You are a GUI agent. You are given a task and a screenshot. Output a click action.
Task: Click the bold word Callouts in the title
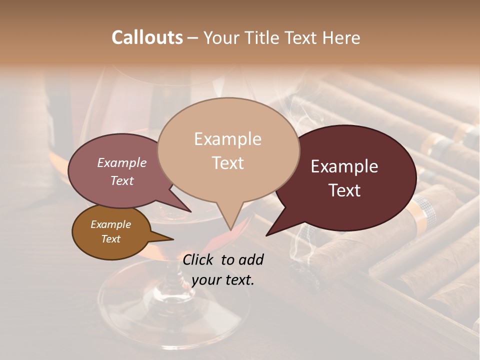pos(147,37)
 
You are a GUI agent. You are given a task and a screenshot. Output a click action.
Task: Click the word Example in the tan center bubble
pos(227,139)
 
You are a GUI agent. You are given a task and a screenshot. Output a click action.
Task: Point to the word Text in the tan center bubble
pos(227,163)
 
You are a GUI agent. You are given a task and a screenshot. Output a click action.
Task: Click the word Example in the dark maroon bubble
pos(344,166)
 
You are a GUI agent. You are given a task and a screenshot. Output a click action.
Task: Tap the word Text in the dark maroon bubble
pos(344,190)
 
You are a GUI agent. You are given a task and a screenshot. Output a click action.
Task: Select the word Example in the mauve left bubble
pos(121,163)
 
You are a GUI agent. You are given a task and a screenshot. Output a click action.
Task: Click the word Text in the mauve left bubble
pos(121,180)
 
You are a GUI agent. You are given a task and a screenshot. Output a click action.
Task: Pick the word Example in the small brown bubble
pos(110,224)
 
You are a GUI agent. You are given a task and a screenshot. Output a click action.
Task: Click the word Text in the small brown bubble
pos(110,239)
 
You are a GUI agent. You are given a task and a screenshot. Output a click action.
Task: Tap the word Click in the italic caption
pos(199,259)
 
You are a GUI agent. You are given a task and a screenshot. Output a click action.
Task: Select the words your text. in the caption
pos(222,280)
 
